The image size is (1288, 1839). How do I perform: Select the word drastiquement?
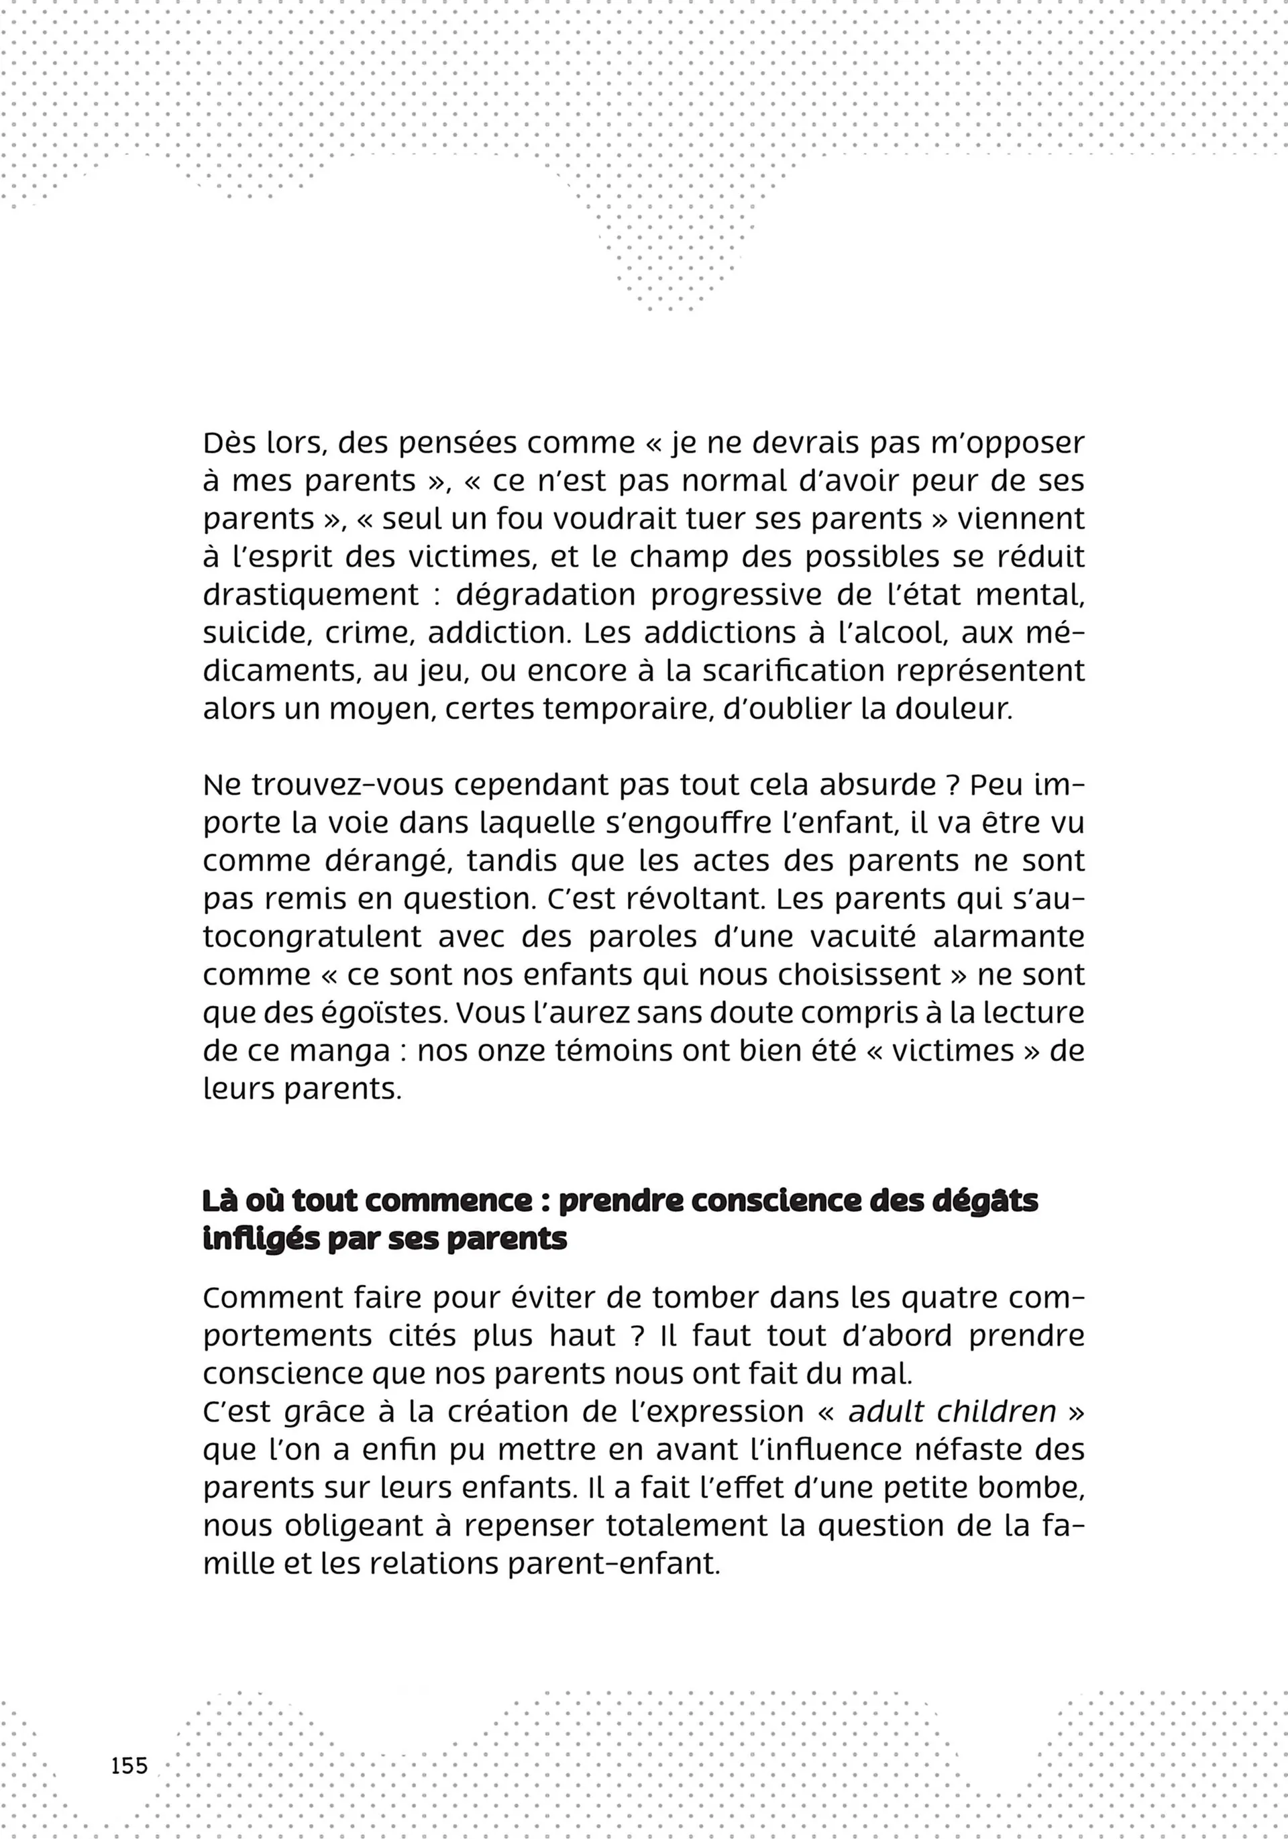click(311, 595)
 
